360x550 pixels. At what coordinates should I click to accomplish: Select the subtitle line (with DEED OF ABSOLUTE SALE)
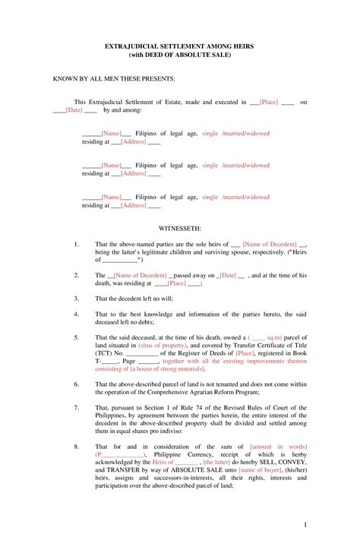[x=179, y=55]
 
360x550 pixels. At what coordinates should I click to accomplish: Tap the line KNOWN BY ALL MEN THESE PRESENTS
[x=113, y=78]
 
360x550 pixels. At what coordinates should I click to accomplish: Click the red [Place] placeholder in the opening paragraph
[x=269, y=101]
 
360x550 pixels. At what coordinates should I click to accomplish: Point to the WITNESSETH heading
[x=180, y=227]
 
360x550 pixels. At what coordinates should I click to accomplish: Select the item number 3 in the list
[x=77, y=299]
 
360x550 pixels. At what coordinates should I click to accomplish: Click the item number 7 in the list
[x=77, y=408]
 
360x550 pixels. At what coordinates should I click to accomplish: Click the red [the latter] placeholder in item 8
[x=218, y=462]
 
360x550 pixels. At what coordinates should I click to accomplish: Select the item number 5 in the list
[x=77, y=337]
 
